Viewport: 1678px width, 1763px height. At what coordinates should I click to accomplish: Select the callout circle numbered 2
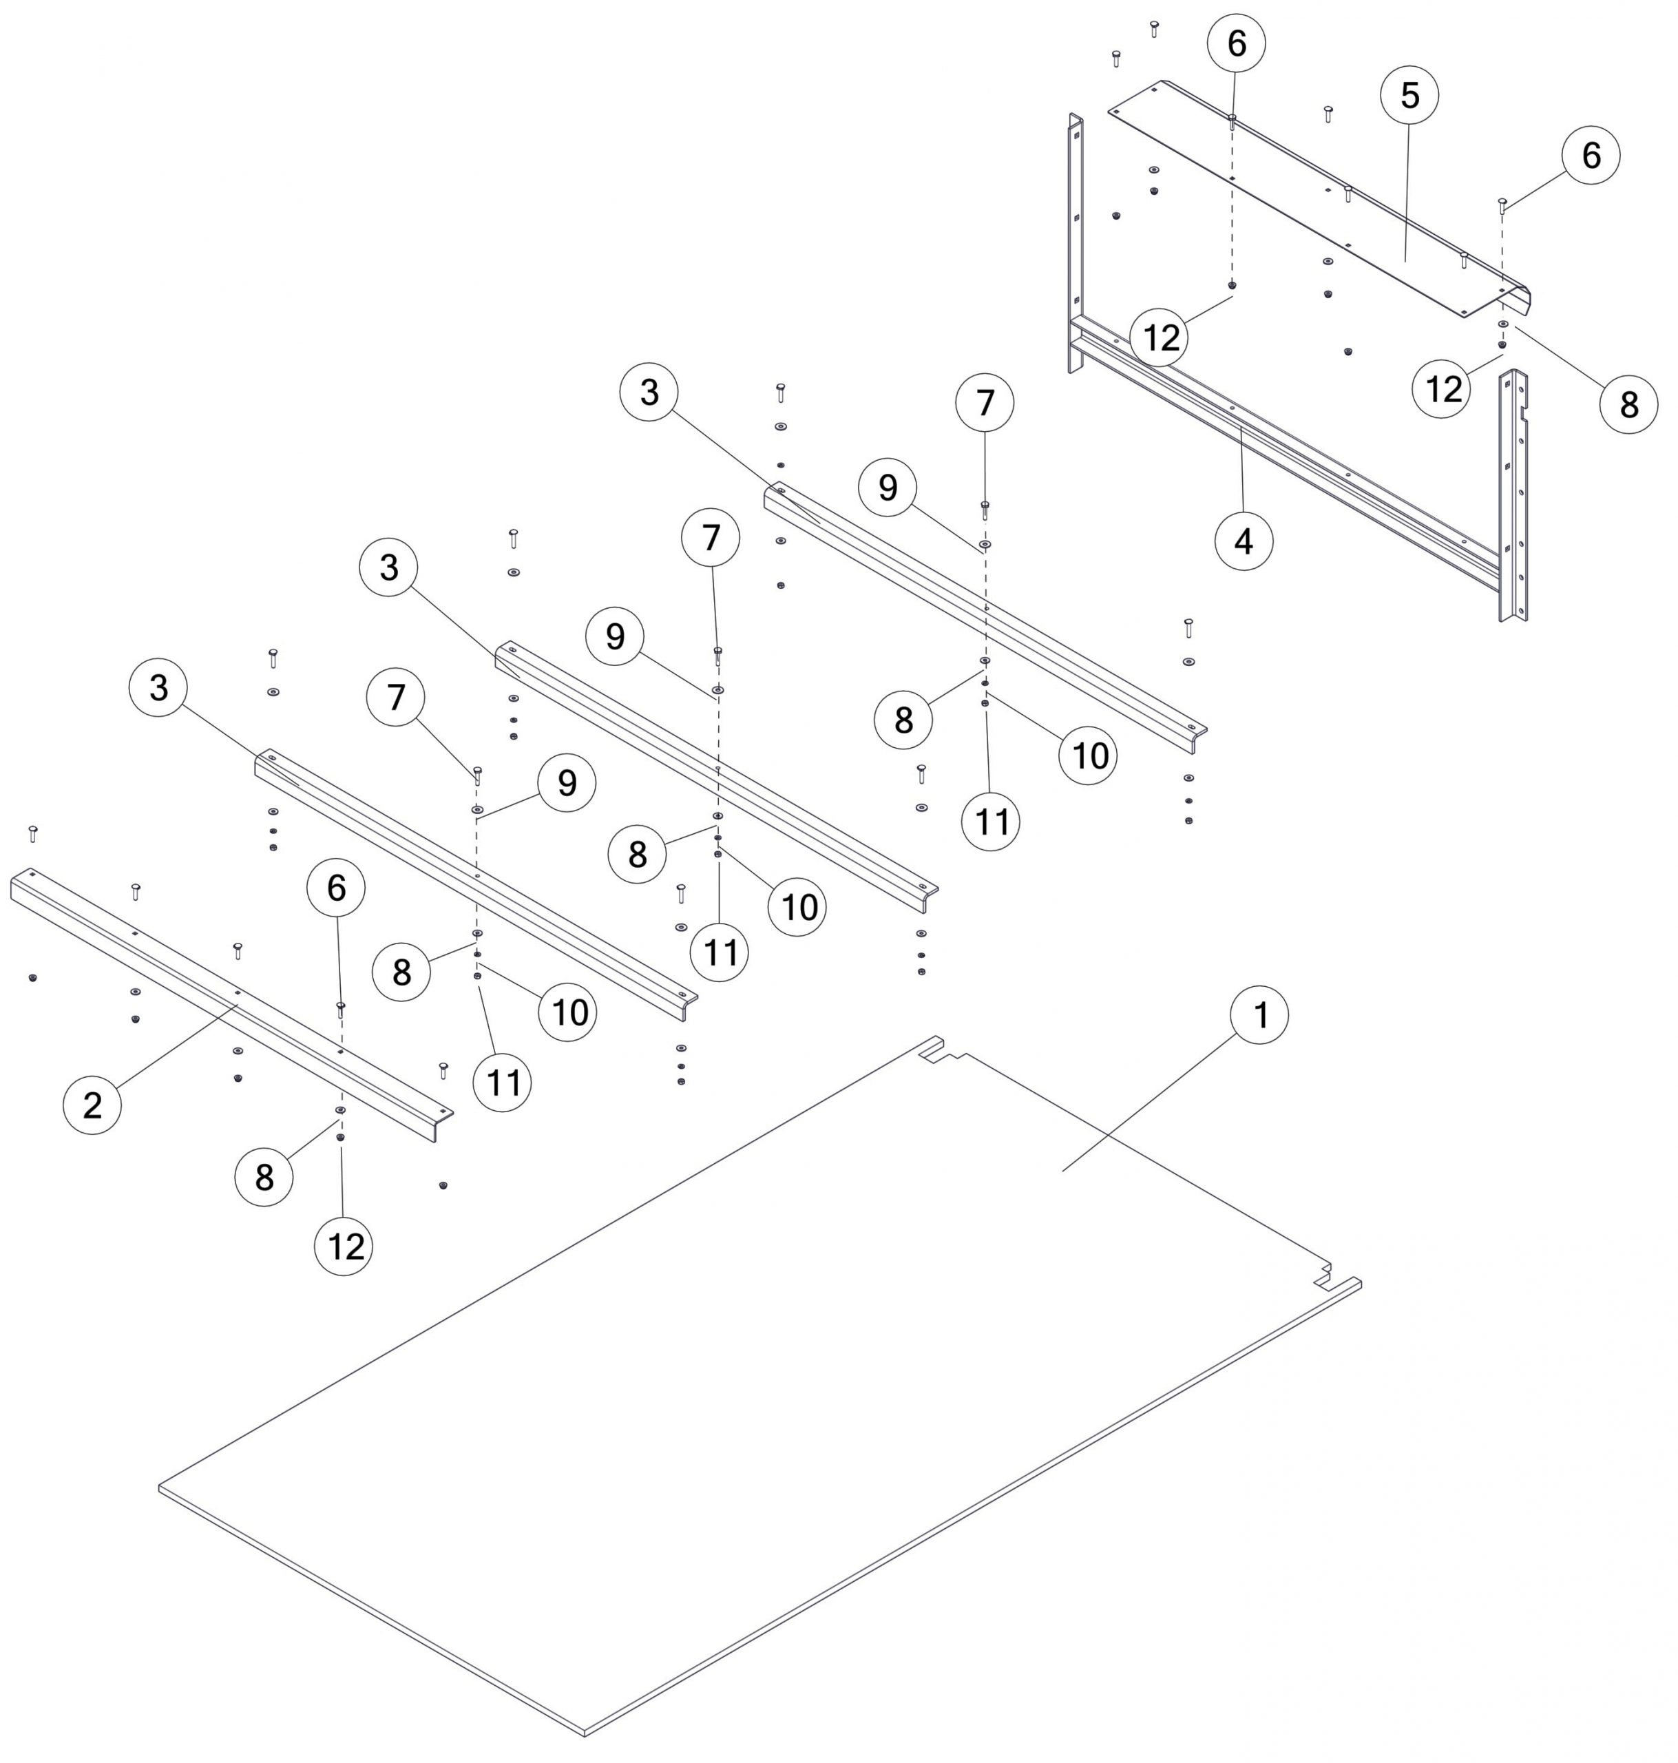coord(92,1105)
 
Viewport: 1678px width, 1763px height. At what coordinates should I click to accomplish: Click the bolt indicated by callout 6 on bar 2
coord(340,1009)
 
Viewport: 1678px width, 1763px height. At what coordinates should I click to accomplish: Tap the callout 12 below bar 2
coord(344,1246)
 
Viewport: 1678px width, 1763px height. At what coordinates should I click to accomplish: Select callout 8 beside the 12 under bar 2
coord(264,1177)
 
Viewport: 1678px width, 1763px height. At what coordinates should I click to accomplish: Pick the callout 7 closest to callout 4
coord(985,404)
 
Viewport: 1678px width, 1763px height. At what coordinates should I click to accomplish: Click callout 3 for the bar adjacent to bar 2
coord(158,688)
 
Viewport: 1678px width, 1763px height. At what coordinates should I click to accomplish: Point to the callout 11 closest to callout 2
coord(503,1083)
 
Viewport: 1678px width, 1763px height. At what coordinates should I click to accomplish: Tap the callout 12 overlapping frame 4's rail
coord(1161,338)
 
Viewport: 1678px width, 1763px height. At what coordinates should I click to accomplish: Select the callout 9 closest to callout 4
coord(888,488)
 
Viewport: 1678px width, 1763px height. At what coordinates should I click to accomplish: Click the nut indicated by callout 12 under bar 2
coord(340,1137)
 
